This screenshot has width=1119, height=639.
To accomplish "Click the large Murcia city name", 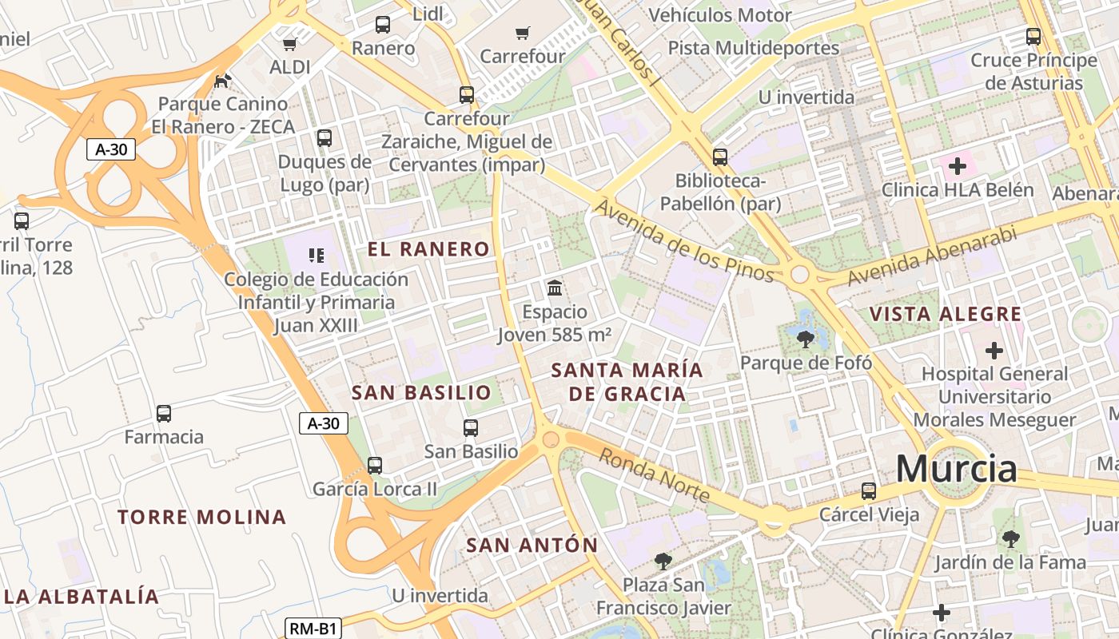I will (956, 468).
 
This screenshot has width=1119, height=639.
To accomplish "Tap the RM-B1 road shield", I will (313, 629).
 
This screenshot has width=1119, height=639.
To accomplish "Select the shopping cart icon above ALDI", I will (289, 44).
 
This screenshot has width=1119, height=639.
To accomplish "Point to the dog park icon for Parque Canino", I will (223, 81).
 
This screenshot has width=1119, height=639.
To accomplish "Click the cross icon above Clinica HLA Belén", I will (957, 167).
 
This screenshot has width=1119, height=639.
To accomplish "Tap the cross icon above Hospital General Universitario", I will (994, 351).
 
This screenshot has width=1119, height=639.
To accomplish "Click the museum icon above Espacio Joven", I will (554, 288).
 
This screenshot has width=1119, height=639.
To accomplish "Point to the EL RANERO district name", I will (428, 249).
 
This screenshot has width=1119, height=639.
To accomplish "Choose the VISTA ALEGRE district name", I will (946, 314).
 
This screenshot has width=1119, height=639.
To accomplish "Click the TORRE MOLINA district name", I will (201, 517).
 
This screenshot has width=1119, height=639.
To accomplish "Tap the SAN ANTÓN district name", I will (532, 546).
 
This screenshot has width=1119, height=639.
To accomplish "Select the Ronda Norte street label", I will (654, 474).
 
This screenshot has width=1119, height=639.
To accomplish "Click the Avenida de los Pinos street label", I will (684, 241).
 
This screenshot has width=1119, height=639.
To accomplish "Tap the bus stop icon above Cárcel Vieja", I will (869, 491).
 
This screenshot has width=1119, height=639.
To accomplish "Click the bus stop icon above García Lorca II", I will (374, 465).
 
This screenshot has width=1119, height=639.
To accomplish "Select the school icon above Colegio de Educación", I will (316, 256).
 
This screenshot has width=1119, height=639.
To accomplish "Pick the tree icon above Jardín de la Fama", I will (1010, 539).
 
